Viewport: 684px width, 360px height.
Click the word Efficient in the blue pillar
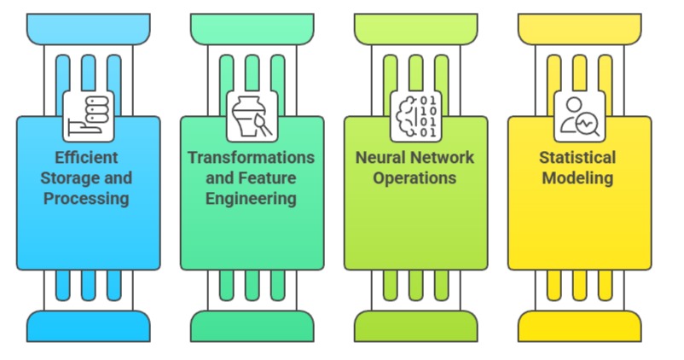tap(86, 158)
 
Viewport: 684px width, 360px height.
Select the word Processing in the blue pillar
tap(86, 199)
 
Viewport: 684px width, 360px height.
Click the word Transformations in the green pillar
tap(251, 158)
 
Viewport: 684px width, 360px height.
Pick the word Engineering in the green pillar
tap(251, 199)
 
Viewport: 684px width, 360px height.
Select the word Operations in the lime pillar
tap(415, 178)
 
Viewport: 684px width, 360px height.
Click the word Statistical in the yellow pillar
tap(577, 158)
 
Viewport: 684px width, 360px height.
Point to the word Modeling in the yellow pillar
tap(577, 178)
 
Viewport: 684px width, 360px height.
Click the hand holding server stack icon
tap(88, 116)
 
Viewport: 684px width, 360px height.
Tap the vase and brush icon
tap(252, 116)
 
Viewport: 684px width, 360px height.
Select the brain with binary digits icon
tap(415, 116)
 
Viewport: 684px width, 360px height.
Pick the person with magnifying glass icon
tap(579, 116)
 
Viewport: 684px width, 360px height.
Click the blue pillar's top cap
tap(88, 29)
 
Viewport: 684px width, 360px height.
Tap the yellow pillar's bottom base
tap(579, 326)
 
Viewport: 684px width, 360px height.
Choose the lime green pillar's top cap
tap(415, 29)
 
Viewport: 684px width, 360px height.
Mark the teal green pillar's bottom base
tap(252, 326)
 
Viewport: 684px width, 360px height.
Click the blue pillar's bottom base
tap(88, 326)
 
